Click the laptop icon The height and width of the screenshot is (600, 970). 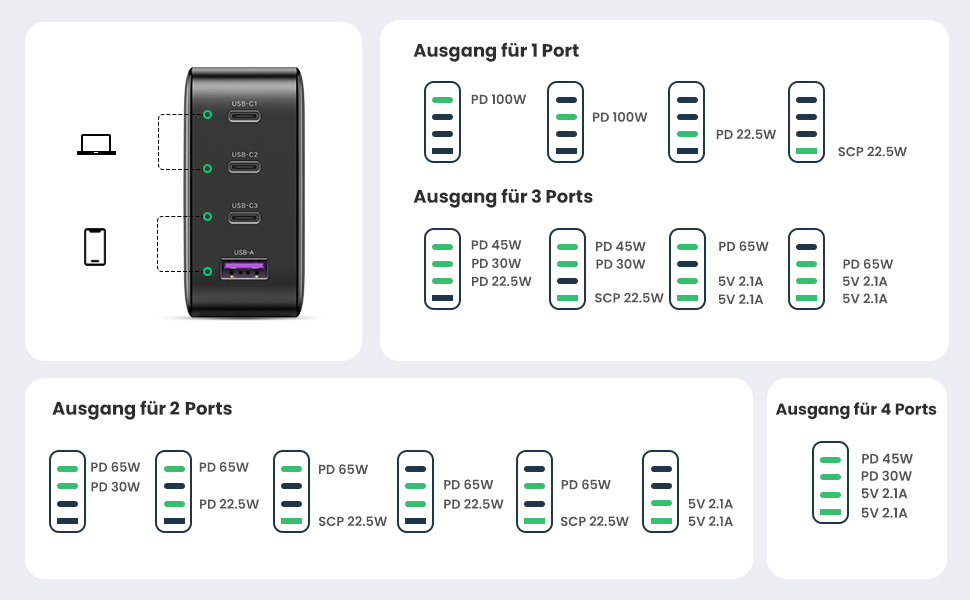coord(97,144)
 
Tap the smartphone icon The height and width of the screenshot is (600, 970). coord(95,247)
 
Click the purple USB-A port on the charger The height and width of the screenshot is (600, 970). coord(244,269)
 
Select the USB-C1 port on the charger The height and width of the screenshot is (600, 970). coord(244,116)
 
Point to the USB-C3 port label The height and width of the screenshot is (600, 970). coord(244,205)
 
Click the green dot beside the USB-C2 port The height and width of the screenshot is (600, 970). coord(208,168)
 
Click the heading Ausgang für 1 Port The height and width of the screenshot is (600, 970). coord(496,51)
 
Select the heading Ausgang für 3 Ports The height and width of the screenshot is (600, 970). coord(503,197)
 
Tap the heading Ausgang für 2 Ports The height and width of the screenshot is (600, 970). coord(142,409)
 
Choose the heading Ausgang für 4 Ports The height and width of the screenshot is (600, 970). coord(856,409)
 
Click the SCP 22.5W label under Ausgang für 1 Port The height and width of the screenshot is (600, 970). coord(872,152)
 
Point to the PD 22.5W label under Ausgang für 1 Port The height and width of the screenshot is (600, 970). coord(745,134)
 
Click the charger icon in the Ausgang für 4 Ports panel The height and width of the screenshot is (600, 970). coord(830,482)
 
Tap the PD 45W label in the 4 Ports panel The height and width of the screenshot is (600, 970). coord(887,459)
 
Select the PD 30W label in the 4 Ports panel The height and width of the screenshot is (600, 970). coord(886,476)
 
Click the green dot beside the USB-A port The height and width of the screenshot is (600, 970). coord(208,272)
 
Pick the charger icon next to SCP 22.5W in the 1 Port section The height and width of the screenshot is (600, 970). coord(806,122)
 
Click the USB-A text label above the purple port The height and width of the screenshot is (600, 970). coord(244,252)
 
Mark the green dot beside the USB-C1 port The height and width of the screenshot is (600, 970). coord(208,114)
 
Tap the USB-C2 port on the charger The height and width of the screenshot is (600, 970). coord(244,167)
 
